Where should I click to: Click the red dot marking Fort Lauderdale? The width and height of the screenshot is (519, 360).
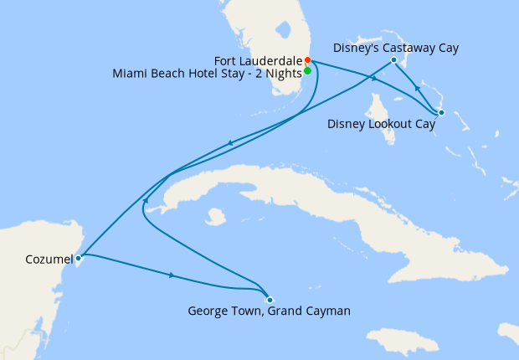308,60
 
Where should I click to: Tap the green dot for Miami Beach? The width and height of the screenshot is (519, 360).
308,71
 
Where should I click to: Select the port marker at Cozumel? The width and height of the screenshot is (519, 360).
78,259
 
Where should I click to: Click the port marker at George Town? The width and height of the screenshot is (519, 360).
269,300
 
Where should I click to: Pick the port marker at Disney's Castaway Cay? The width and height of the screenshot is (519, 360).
393,60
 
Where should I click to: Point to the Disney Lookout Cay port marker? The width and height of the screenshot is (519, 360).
441,112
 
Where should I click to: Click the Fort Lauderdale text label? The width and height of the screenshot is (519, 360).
258,60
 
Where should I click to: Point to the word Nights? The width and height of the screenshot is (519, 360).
280,73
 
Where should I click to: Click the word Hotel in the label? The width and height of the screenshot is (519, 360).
198,73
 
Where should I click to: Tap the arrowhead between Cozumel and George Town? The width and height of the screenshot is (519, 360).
172,275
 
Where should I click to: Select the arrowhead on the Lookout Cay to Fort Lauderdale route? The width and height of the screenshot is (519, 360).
373,78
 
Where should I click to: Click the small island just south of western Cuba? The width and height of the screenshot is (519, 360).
217,217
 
